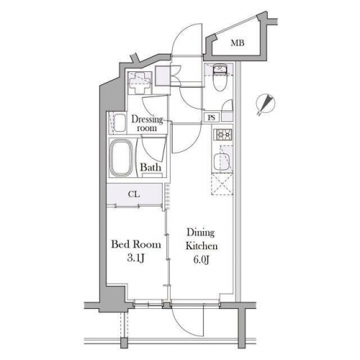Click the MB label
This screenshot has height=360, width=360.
coord(238,43)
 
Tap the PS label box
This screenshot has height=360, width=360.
coord(212,118)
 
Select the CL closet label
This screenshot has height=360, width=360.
coord(134,194)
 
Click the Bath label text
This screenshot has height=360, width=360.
coord(150,167)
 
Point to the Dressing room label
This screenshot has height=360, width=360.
coord(147,123)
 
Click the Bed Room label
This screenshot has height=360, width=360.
coord(136,245)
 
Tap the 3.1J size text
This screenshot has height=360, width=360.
coord(136,258)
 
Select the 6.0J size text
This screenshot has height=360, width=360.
coord(202,259)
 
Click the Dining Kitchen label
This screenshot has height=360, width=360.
coord(202,239)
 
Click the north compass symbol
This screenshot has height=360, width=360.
coord(266,104)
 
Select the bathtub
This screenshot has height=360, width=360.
coord(121,158)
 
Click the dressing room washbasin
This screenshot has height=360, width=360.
coord(120,122)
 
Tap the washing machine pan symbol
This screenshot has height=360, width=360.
coord(140,83)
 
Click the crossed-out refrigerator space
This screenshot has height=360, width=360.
coord(222,184)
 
